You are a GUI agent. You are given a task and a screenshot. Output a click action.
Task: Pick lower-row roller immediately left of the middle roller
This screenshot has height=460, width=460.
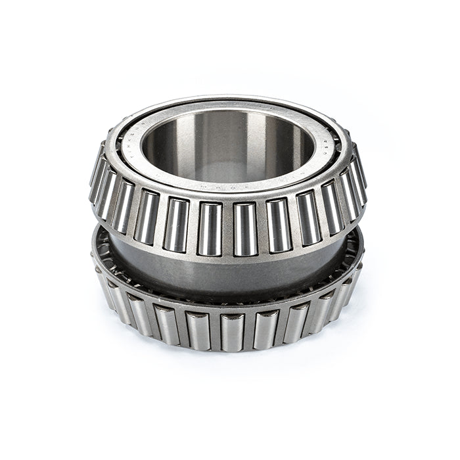click(x=197, y=329)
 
